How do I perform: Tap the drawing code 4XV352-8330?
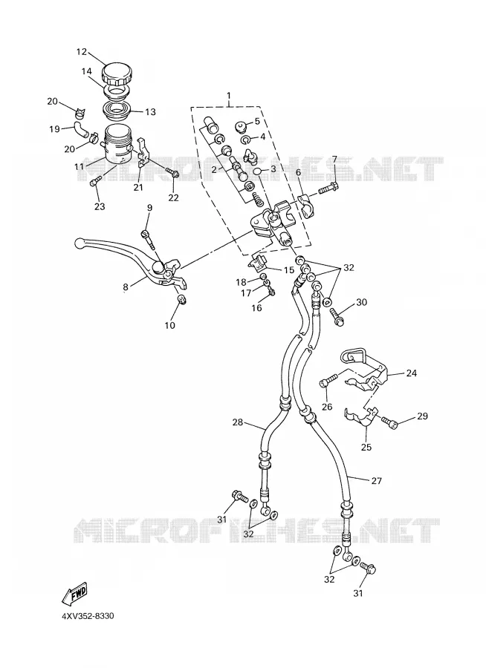pos(88,616)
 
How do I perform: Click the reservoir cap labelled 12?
pos(117,74)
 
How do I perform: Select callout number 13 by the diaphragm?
pos(150,112)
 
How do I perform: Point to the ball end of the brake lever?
pos(80,243)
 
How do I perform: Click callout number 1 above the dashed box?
pos(229,94)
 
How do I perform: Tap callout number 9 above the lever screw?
pos(149,208)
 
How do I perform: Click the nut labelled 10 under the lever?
pos(181,300)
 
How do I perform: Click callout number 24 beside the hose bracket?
pos(412,373)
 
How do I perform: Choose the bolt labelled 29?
pos(389,422)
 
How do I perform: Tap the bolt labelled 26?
pos(328,380)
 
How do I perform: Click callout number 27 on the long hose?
pos(376,481)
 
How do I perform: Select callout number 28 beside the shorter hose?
pos(238,422)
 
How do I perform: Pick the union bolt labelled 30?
pos(337,317)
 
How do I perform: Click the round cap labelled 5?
pos(242,126)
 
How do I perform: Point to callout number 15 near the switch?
pos(289,270)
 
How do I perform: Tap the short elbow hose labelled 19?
pos(81,128)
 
